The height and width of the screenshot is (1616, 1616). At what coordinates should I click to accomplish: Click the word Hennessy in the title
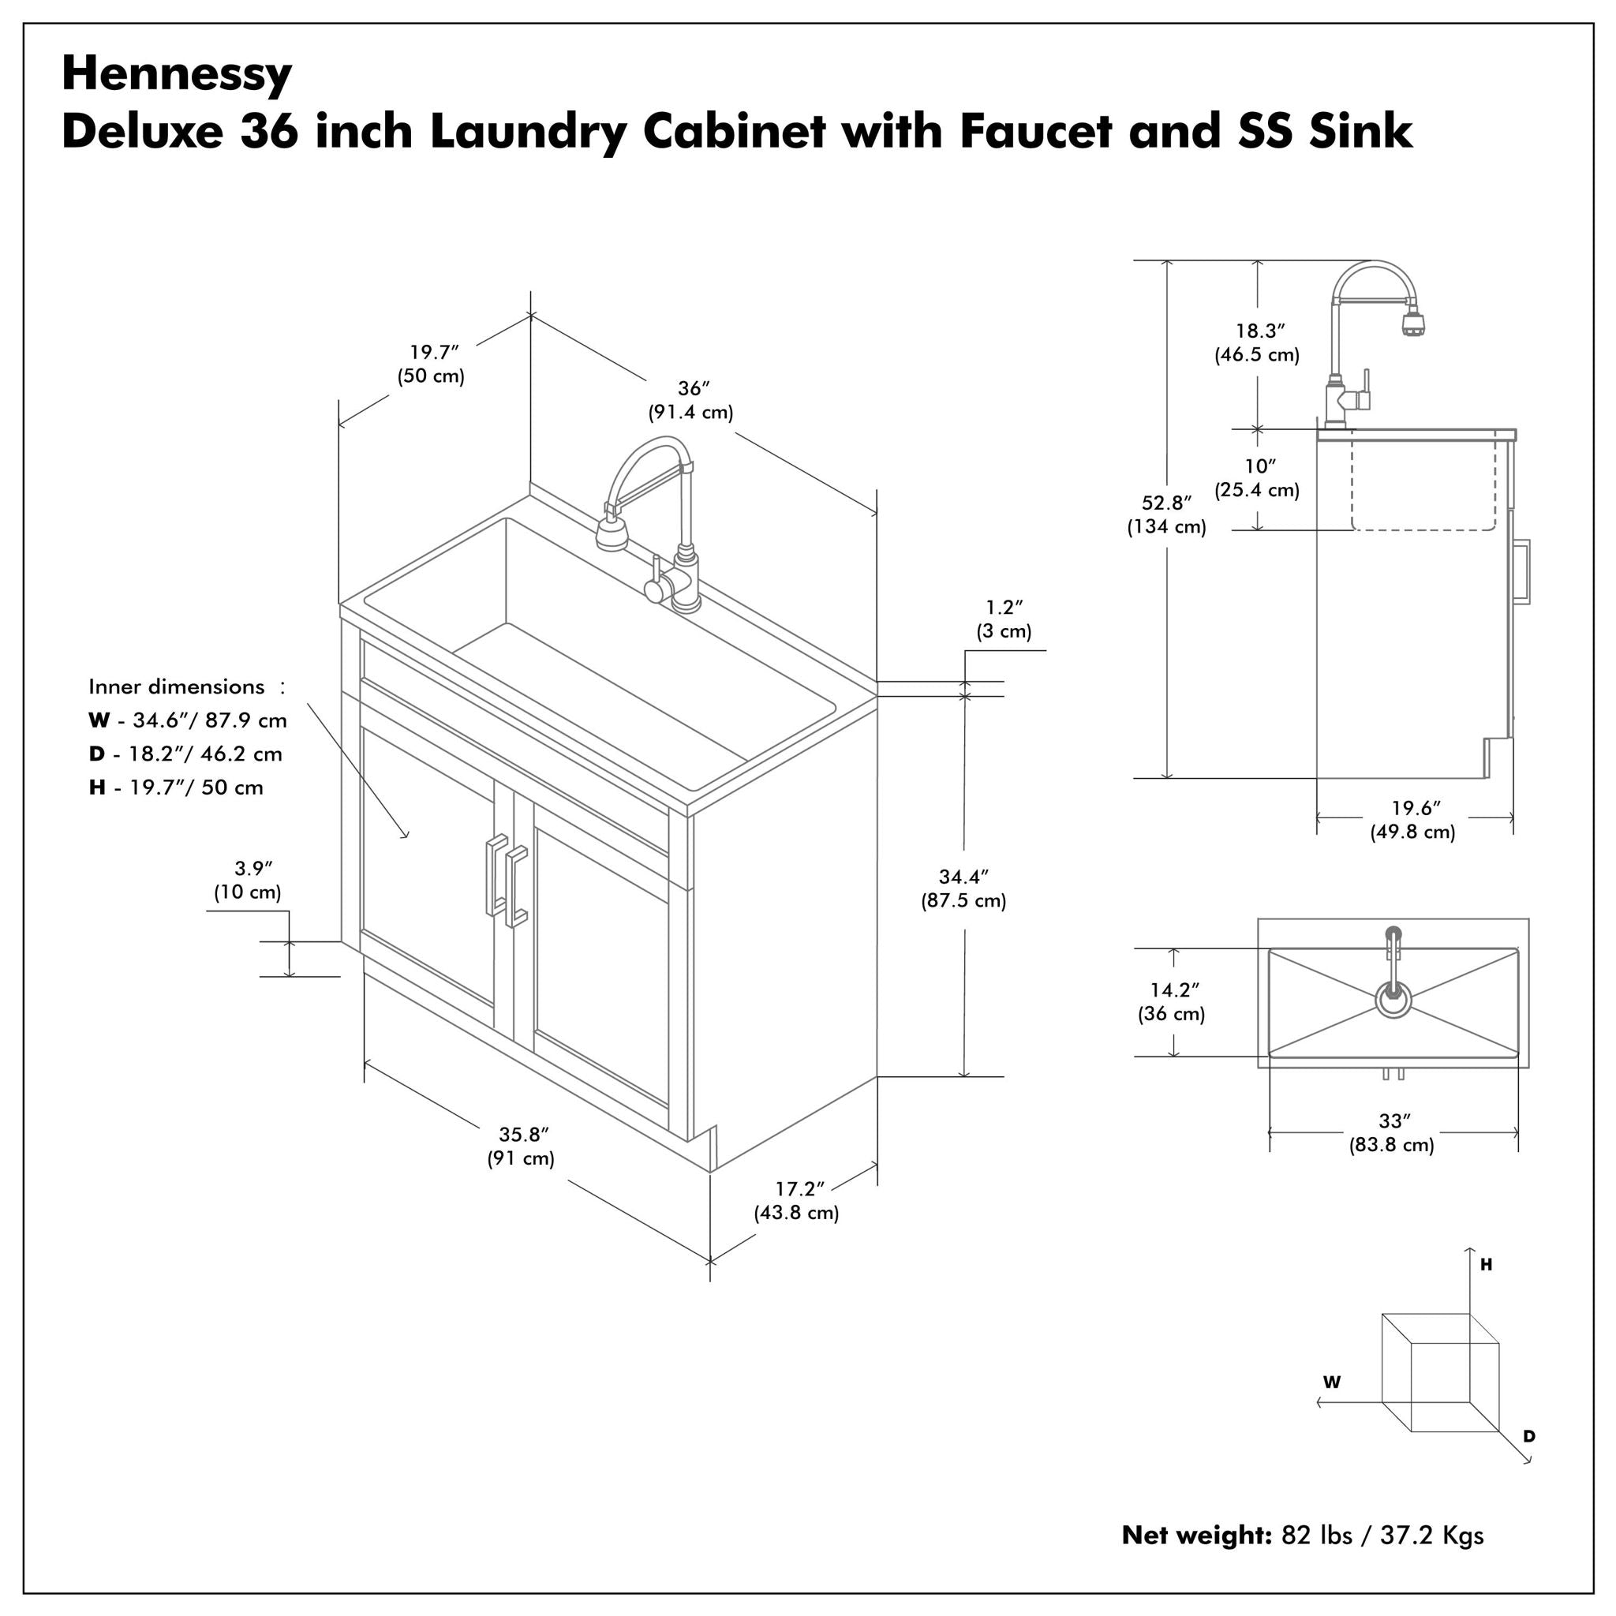click(177, 75)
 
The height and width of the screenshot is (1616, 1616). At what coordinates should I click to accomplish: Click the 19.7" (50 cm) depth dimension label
click(432, 364)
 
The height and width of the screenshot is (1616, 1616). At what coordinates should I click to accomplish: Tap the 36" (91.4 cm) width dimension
click(691, 401)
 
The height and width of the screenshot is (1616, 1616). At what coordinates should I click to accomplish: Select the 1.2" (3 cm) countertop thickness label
click(1004, 619)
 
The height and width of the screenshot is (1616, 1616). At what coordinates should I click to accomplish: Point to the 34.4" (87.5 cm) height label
click(963, 889)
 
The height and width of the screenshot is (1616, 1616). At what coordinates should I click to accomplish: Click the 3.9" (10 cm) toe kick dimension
click(249, 881)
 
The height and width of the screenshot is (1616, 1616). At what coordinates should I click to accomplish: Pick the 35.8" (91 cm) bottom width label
click(522, 1147)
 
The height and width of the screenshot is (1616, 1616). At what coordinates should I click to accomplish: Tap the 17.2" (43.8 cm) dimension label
click(797, 1201)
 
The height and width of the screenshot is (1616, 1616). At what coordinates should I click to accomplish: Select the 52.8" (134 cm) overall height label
click(1166, 515)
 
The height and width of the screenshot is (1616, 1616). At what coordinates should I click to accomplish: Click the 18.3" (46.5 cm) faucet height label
click(1257, 343)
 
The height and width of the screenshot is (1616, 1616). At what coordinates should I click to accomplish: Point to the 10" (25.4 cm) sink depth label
click(1257, 478)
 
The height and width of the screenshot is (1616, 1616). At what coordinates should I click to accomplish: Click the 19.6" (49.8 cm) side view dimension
click(1413, 821)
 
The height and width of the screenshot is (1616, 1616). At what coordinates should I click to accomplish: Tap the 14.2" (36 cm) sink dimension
click(1172, 1002)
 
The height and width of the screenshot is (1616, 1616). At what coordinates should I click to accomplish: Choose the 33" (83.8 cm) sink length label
click(1392, 1133)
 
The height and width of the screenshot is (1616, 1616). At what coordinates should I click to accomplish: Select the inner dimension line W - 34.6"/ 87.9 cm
click(189, 720)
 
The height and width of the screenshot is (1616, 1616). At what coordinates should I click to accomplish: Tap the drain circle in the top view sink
click(1393, 1001)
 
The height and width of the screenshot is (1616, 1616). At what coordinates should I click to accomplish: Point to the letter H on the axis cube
click(1487, 1266)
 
